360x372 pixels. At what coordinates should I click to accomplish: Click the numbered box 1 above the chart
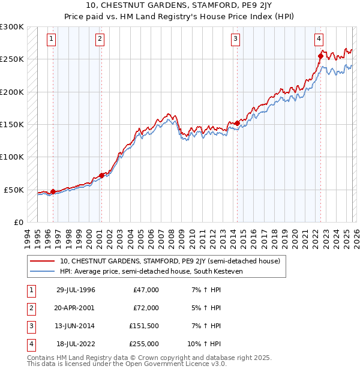tap(52, 40)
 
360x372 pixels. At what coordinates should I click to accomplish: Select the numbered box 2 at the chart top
tap(100, 40)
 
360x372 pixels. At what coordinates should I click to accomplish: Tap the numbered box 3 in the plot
tap(235, 40)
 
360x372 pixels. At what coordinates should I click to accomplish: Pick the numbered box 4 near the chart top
tap(319, 40)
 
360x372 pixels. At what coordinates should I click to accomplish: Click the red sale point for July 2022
tap(320, 57)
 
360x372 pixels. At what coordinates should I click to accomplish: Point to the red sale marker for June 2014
tap(237, 124)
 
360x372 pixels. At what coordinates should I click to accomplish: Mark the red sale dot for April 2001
tap(101, 175)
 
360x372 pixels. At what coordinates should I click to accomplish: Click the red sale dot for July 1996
tap(53, 191)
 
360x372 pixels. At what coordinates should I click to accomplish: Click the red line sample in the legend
tap(42, 262)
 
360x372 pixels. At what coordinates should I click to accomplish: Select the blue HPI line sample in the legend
tap(42, 272)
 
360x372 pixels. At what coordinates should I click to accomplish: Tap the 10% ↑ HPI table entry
tap(204, 344)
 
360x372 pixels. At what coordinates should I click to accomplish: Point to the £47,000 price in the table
tap(146, 290)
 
